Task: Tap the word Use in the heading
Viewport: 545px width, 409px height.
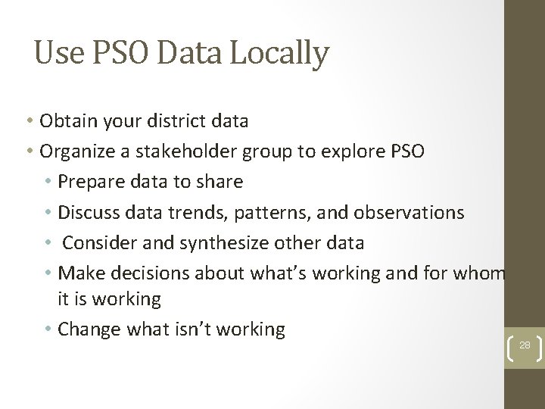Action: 54,53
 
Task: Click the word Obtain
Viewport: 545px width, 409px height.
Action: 64,121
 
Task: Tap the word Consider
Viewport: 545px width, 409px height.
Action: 95,243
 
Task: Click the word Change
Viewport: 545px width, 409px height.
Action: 86,329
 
